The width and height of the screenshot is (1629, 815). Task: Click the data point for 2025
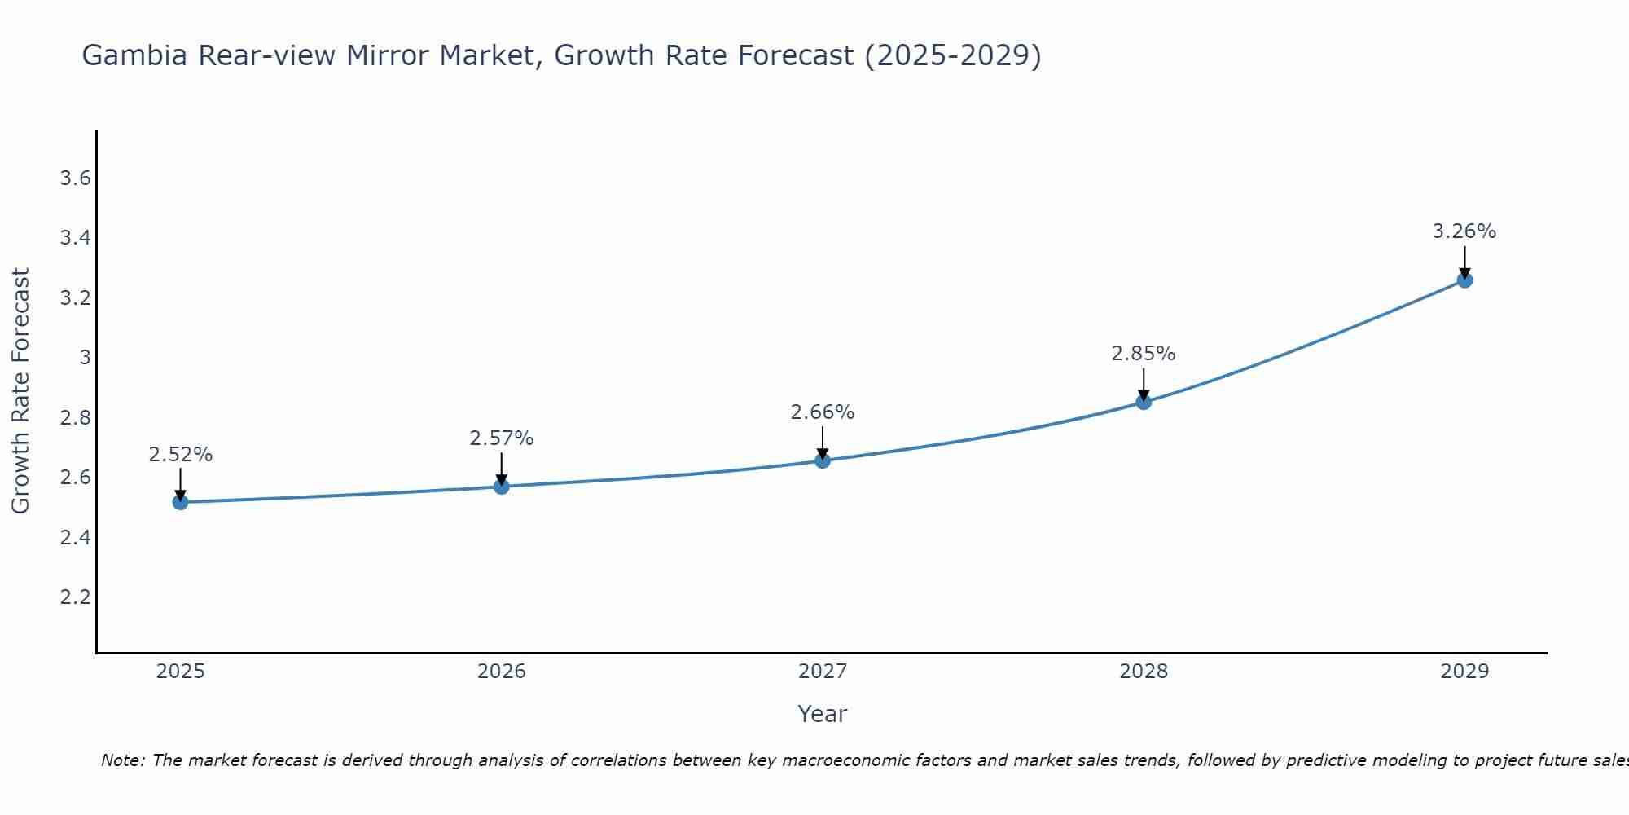click(180, 502)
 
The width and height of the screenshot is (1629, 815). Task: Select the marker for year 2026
click(501, 487)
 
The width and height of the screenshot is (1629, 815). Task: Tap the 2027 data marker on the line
click(823, 460)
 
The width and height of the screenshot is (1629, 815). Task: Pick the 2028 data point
click(1144, 402)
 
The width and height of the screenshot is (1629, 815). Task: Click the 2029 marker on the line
click(1464, 280)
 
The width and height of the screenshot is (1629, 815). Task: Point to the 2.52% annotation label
click(180, 455)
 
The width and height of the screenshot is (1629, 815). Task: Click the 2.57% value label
click(501, 438)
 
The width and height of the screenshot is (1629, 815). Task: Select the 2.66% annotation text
click(823, 412)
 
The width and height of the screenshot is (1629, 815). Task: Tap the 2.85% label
click(1144, 354)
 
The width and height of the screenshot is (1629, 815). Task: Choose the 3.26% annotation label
click(1464, 231)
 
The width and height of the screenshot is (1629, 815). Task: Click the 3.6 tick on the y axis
click(75, 178)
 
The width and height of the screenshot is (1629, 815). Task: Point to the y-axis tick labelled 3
click(85, 358)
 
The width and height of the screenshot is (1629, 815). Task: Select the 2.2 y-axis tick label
click(75, 597)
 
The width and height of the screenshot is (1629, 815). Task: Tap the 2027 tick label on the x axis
click(823, 672)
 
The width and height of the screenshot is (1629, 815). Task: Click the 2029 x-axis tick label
click(1464, 672)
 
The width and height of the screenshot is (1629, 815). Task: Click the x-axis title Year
click(823, 714)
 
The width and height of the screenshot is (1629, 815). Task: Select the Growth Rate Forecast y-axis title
click(20, 391)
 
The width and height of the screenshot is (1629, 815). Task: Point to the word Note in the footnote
click(122, 760)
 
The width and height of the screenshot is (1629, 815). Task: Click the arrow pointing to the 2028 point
click(1144, 383)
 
